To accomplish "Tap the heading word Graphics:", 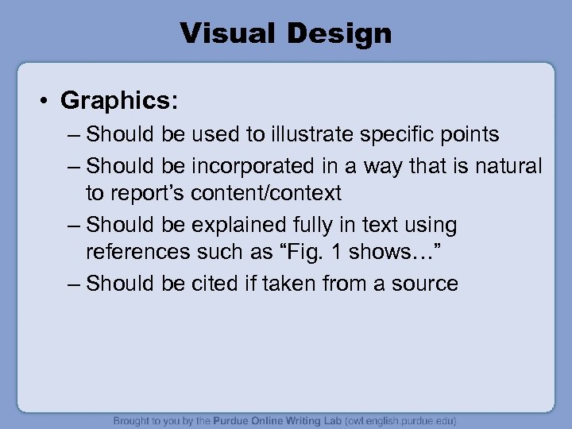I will pos(119,101).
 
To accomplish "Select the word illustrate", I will pos(315,134).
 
